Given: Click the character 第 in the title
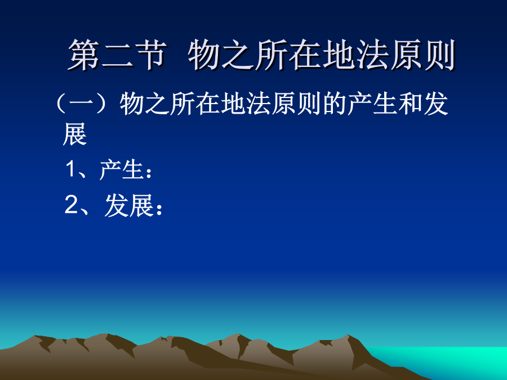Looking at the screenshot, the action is click(x=84, y=55).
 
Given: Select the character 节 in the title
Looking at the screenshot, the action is click(x=151, y=55).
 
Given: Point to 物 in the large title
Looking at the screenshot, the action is click(x=204, y=55).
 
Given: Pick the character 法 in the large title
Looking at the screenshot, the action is click(x=372, y=55).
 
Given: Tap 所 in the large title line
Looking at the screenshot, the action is click(x=272, y=55).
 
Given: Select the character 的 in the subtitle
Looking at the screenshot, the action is click(x=335, y=104).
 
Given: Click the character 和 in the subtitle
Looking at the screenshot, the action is click(x=411, y=104).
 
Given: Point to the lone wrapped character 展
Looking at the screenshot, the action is click(x=75, y=134).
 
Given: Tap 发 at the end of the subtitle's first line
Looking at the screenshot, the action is click(x=437, y=104).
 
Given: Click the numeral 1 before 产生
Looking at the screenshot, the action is click(x=71, y=169).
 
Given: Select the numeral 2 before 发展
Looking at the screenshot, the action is click(x=71, y=204).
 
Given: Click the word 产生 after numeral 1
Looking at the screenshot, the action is click(x=122, y=169).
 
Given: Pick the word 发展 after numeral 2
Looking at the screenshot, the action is click(x=128, y=205).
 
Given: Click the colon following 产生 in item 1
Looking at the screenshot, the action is click(x=149, y=173).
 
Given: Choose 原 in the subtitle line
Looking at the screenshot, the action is click(x=284, y=104).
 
